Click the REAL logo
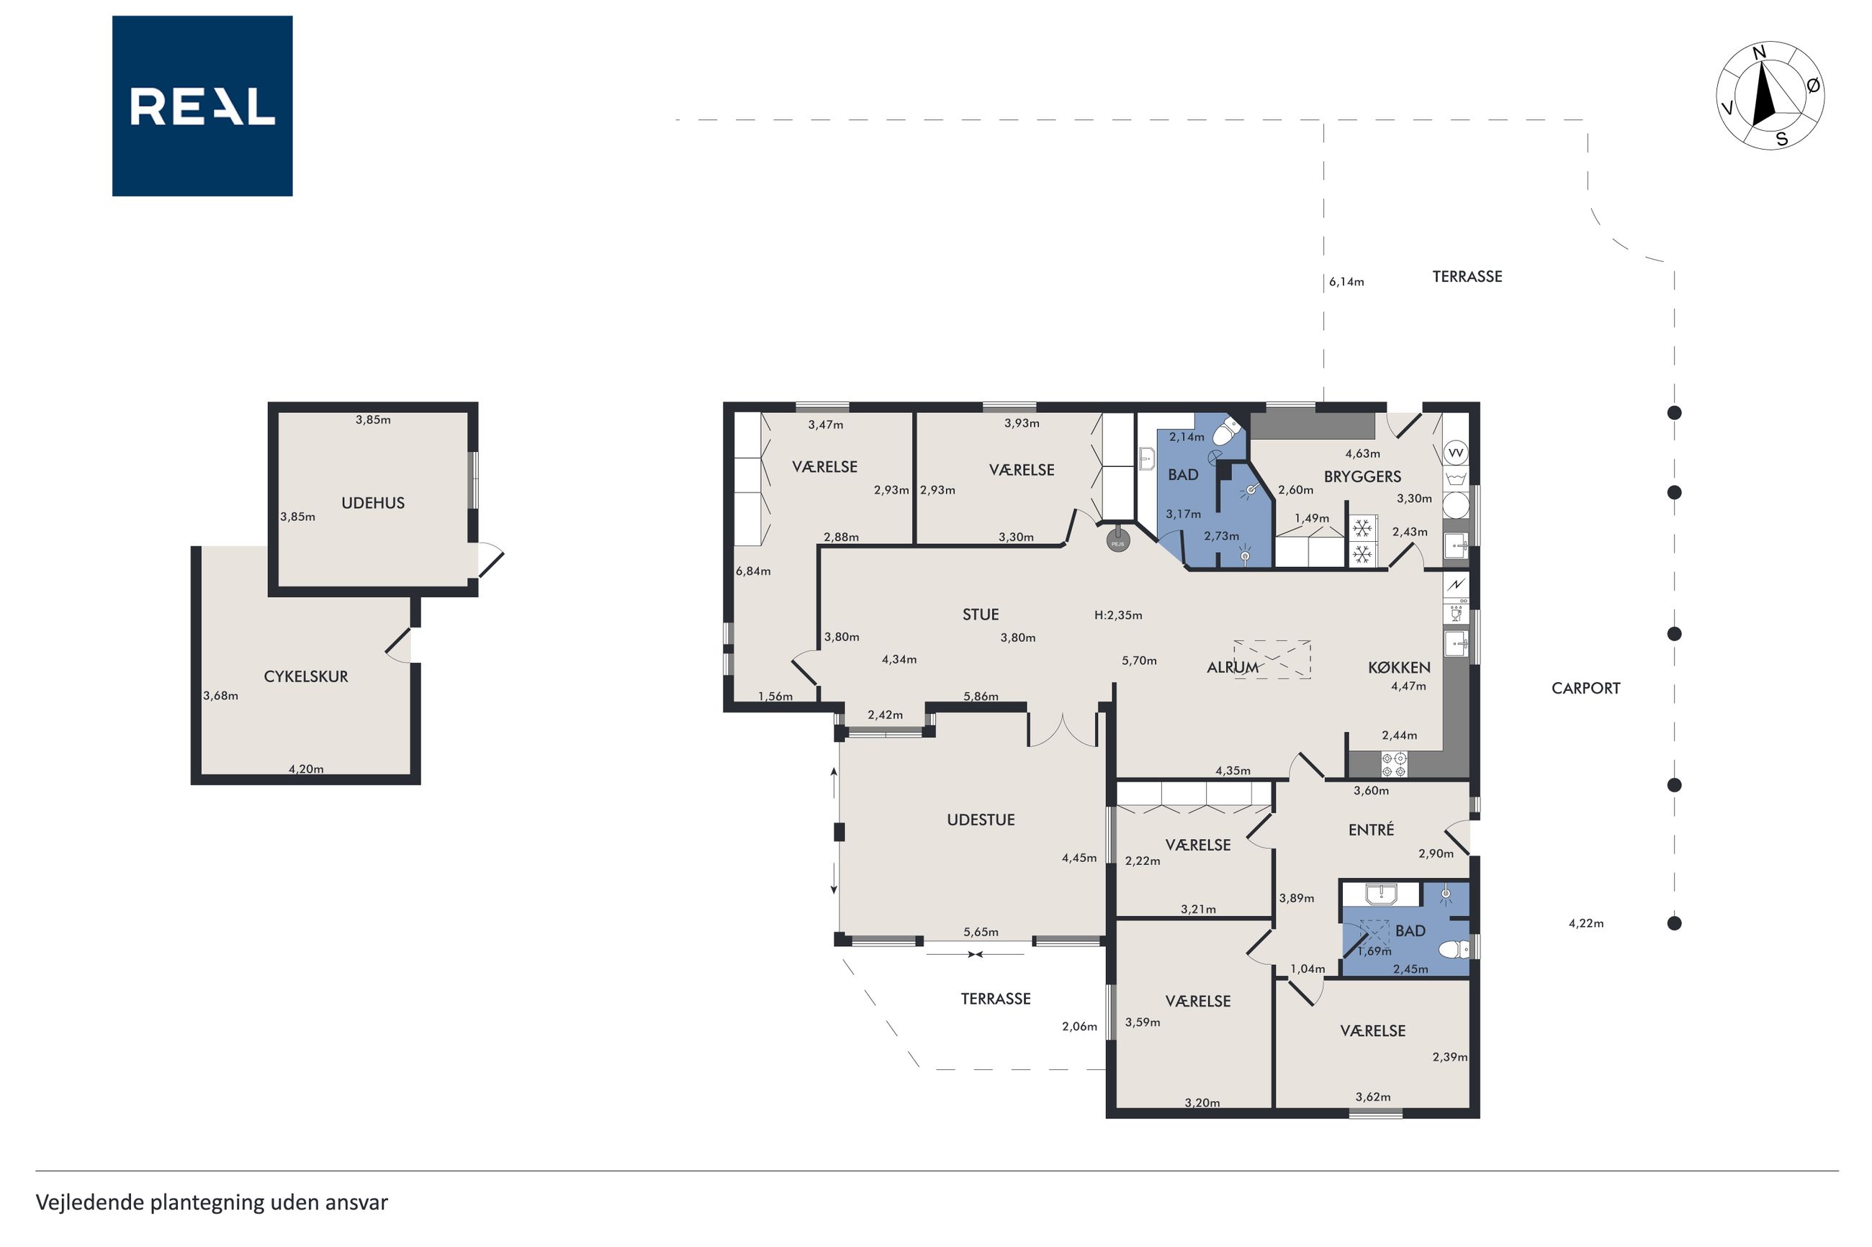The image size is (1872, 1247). pos(202,106)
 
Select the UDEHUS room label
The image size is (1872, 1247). pos(373,503)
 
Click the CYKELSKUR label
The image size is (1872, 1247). pos(306,676)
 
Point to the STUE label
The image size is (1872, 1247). pos(980,614)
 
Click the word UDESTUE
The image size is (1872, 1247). pos(981,819)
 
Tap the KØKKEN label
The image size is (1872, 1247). pos(1400,667)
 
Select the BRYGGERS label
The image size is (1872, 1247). pos(1362,476)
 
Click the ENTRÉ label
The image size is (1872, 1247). pos(1371,830)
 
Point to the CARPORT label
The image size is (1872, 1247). pos(1585,688)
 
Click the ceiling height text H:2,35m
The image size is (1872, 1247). pos(1117,615)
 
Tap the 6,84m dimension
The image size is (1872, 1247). pos(752,571)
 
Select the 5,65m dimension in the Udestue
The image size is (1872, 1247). pos(981,932)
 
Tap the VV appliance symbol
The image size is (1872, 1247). pos(1456,453)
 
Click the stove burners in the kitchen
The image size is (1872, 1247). pos(1393,764)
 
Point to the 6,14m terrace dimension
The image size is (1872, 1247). pos(1346,281)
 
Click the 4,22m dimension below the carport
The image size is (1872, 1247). pos(1585,923)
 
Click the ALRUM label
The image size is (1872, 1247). pos(1233,667)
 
